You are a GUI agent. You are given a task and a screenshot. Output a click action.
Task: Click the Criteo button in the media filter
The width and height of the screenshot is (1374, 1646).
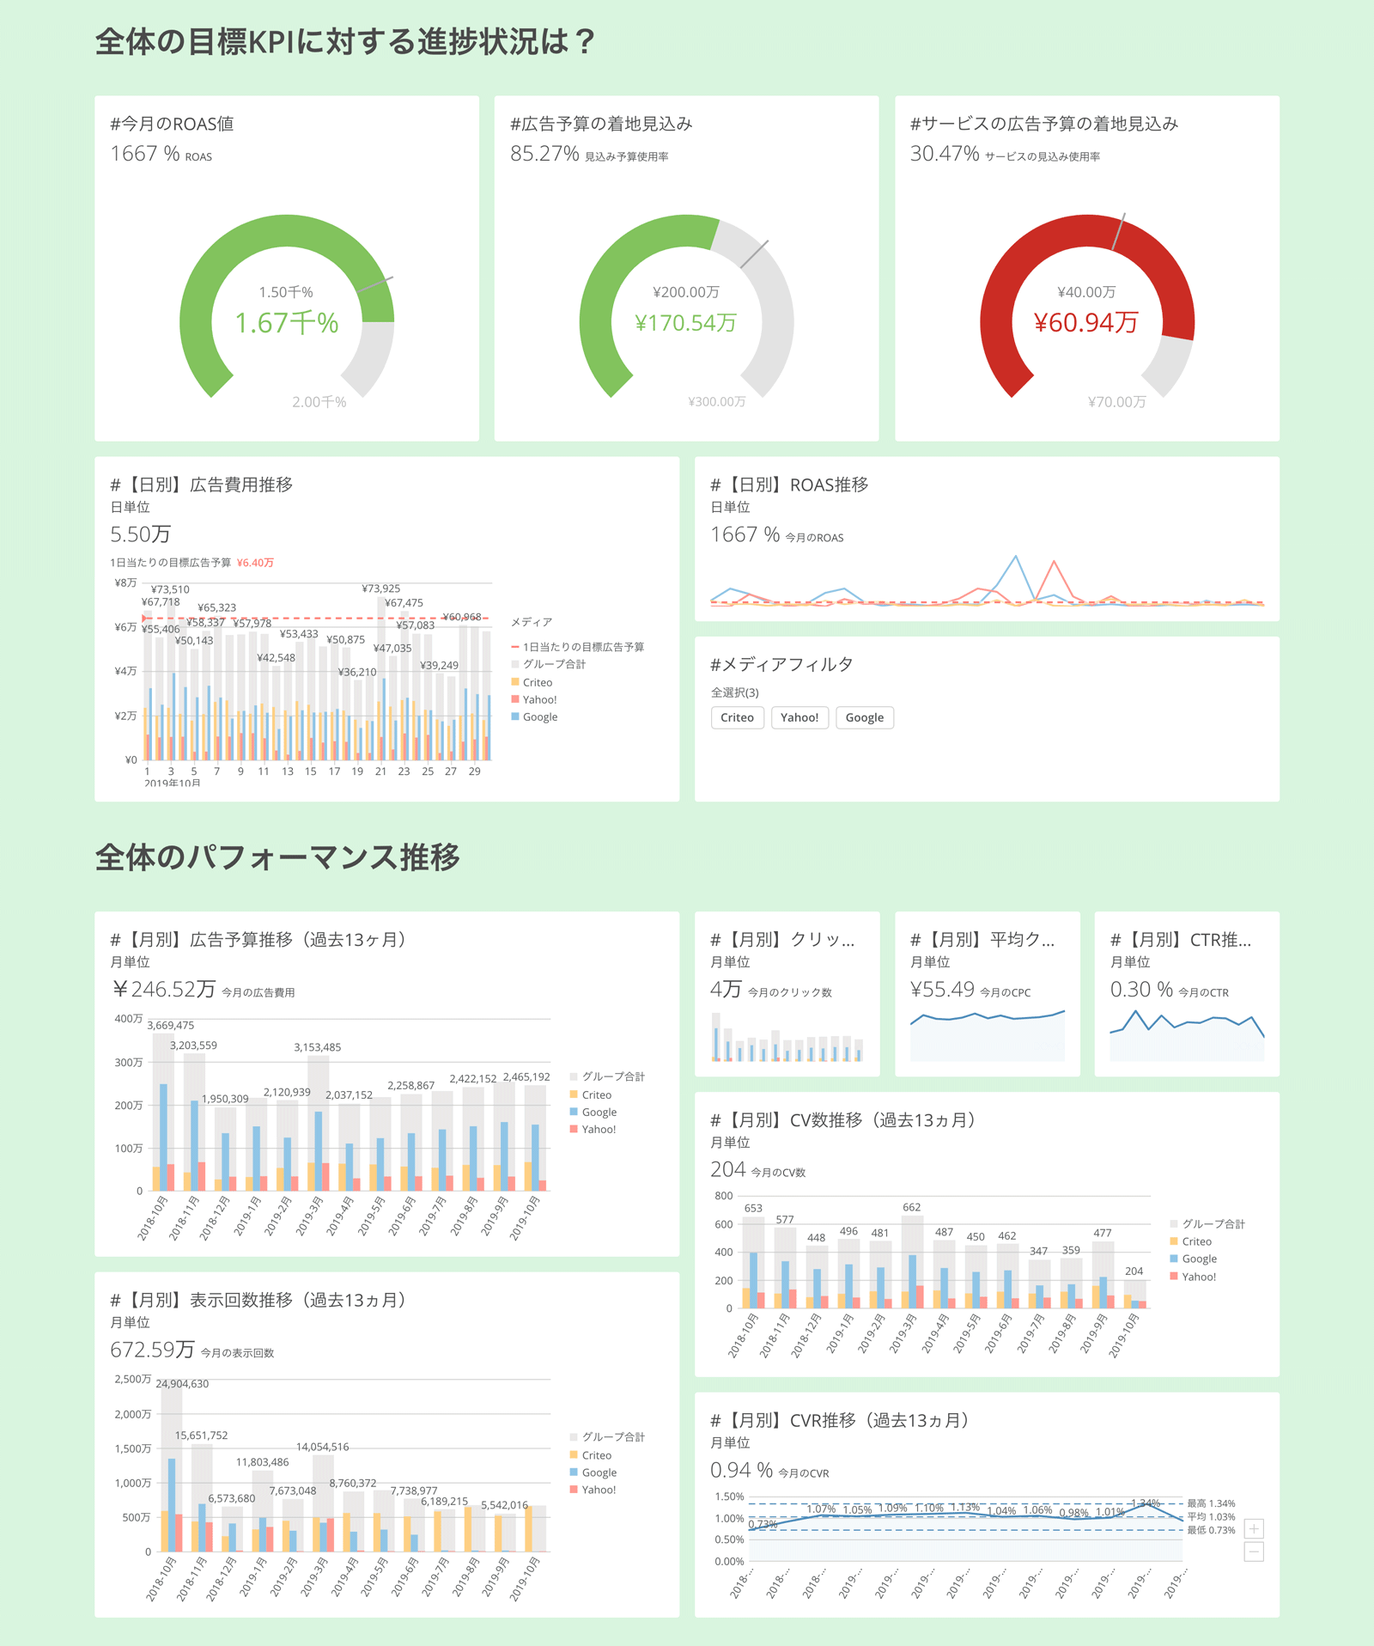tap(737, 717)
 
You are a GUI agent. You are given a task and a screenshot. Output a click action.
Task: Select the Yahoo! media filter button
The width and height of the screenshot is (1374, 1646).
tap(799, 717)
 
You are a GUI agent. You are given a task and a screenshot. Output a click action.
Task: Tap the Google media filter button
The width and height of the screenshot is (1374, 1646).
tap(864, 717)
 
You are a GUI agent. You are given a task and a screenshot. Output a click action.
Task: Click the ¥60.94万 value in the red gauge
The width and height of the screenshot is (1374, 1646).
tap(1086, 323)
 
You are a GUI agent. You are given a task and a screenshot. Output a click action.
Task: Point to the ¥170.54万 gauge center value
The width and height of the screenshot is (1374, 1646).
tap(685, 323)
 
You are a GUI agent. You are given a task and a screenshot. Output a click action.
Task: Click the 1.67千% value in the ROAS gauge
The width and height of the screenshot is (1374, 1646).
tap(287, 323)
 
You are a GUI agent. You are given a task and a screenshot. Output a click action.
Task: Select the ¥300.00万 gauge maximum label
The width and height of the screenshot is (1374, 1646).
tap(717, 402)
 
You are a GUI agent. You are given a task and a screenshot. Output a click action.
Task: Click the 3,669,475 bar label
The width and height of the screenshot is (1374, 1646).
tap(171, 1025)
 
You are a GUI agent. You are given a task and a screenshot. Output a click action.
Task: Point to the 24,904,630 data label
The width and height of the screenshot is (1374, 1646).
tap(182, 1383)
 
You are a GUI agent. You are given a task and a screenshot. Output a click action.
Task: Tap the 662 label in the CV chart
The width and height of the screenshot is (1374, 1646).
tap(911, 1207)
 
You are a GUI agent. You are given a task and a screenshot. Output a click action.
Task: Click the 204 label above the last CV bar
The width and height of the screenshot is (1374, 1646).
tap(1134, 1271)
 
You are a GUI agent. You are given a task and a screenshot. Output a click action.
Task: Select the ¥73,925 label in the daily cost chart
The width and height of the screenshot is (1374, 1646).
tap(380, 588)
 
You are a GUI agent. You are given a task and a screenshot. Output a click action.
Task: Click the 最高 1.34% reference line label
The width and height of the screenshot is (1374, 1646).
tap(1211, 1503)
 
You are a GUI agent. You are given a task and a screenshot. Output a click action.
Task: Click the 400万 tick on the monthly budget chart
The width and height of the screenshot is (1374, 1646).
tap(129, 1019)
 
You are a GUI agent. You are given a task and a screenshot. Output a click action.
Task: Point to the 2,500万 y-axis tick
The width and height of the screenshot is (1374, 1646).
tap(133, 1379)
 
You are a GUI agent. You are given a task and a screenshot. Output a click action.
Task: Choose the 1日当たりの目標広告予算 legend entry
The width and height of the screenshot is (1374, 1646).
tap(583, 647)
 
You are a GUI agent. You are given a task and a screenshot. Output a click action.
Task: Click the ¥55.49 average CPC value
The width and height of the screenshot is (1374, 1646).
tap(942, 990)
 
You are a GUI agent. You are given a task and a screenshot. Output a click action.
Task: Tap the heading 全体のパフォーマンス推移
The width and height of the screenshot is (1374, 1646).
tap(277, 857)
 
